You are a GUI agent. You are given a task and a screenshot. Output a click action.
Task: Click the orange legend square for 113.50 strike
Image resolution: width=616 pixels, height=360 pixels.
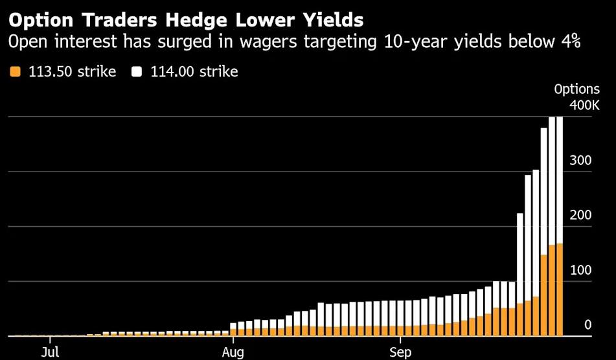tap(16, 72)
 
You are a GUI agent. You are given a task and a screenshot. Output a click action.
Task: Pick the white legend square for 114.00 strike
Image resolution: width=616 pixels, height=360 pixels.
tap(137, 72)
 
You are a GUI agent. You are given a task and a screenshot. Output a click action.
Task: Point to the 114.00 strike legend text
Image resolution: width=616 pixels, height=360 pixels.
tap(194, 72)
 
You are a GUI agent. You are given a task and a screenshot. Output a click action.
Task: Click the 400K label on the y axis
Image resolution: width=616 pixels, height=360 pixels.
tap(584, 105)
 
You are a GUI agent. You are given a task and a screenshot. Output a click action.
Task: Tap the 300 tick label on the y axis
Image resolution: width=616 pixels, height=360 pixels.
tap(580, 160)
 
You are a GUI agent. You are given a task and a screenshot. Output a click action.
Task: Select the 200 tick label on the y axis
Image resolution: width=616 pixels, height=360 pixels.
tap(580, 215)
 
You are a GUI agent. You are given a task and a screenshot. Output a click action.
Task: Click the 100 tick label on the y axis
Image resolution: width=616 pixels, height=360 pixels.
tap(580, 270)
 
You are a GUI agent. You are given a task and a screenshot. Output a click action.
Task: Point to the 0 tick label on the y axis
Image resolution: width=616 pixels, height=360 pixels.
tap(587, 325)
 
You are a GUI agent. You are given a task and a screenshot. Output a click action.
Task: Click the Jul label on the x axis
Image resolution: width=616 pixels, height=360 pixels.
tap(50, 352)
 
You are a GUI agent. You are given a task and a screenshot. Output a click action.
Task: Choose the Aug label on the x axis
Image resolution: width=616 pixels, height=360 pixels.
tap(233, 352)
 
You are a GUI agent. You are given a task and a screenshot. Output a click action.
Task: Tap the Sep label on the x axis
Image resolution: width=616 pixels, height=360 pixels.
tap(400, 352)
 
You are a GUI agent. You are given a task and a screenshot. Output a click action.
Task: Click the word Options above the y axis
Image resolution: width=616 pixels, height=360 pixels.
tap(577, 89)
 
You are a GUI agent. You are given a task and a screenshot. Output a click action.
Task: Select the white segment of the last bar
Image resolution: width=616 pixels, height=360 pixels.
tap(559, 180)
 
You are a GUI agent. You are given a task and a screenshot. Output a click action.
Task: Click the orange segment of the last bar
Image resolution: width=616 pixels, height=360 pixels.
tap(559, 290)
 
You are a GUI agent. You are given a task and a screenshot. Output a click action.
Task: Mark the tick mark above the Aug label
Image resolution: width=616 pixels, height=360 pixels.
tap(233, 340)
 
